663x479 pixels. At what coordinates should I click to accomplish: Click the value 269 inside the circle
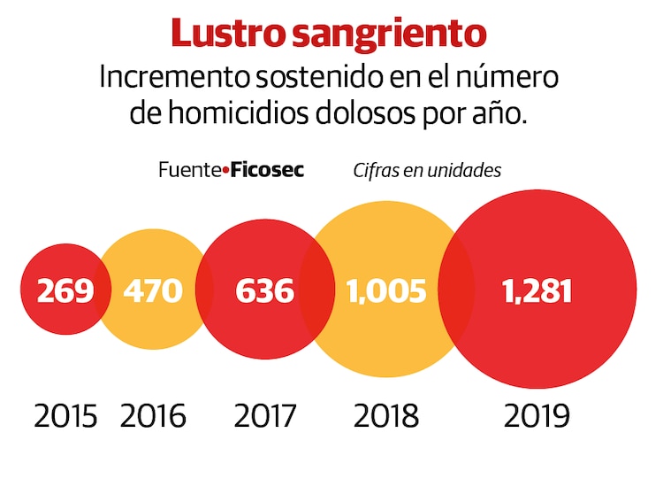pyautogui.click(x=65, y=290)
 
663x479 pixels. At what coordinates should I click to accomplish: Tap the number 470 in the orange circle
pyautogui.click(x=153, y=290)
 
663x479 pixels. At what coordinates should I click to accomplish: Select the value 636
pyautogui.click(x=264, y=290)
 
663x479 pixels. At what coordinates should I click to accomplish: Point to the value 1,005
pyautogui.click(x=386, y=290)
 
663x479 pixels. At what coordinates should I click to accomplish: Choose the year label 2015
pyautogui.click(x=65, y=415)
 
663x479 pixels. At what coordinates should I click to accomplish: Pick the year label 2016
pyautogui.click(x=153, y=415)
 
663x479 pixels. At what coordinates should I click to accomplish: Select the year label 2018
pyautogui.click(x=386, y=415)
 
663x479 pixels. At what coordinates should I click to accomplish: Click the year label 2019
pyautogui.click(x=537, y=415)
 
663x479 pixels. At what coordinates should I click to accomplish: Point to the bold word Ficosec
pyautogui.click(x=267, y=170)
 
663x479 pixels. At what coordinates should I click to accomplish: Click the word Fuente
pyautogui.click(x=188, y=170)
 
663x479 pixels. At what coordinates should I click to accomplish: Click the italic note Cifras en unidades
pyautogui.click(x=427, y=170)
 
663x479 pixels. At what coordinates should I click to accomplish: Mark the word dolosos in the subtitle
pyautogui.click(x=386, y=115)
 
